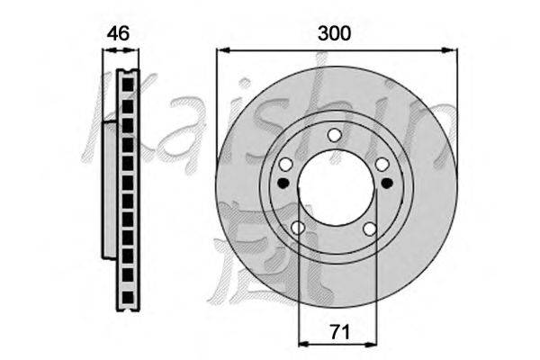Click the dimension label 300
[334, 33]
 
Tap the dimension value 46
[118, 33]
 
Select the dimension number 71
[340, 332]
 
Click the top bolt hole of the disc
[334, 135]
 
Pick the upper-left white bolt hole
[286, 164]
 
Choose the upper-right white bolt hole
[382, 165]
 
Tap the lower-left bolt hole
[298, 228]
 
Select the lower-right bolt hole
[370, 229]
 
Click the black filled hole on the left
[283, 183]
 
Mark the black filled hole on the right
[387, 183]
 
